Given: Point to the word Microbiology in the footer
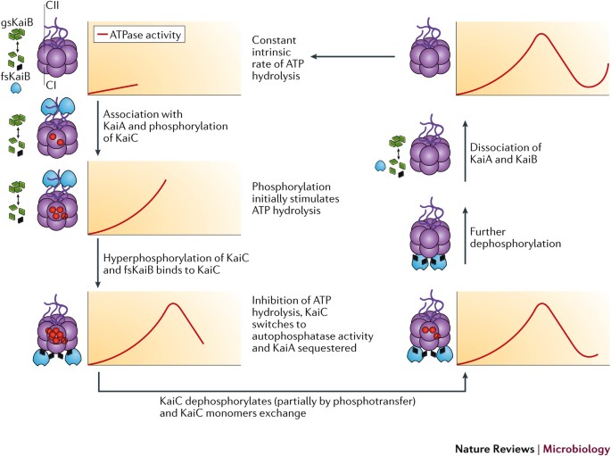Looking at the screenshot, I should [576, 445].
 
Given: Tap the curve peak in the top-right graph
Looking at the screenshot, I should [538, 35].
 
